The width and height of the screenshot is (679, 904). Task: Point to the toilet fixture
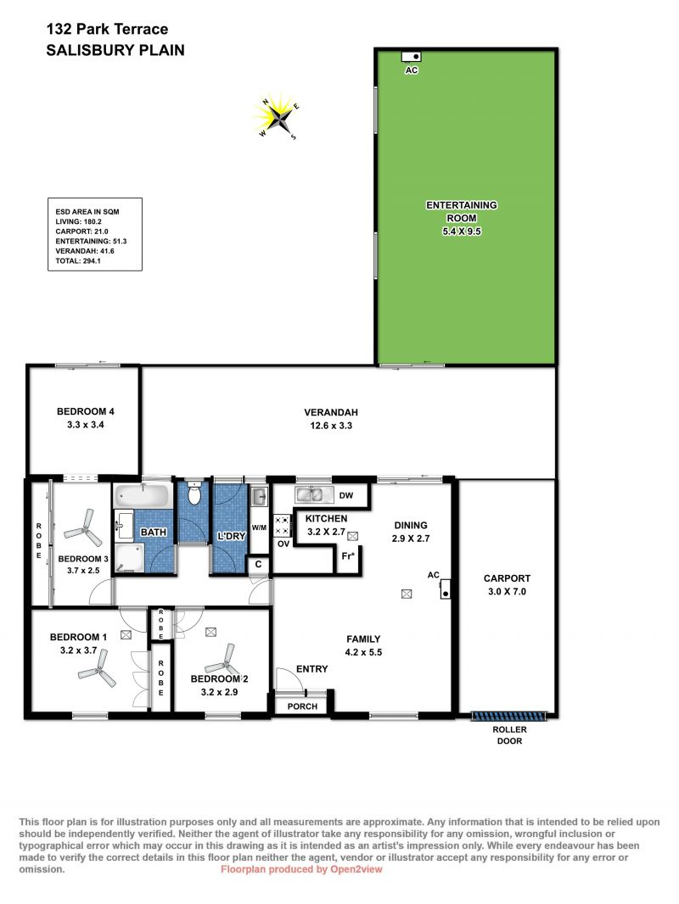point(194,494)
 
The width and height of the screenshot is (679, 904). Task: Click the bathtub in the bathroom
point(142,495)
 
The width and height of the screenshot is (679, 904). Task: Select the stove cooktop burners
point(282,525)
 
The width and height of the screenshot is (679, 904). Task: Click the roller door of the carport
point(508,716)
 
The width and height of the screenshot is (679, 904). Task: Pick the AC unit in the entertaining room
point(412,56)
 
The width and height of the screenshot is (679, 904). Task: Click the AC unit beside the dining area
point(445,589)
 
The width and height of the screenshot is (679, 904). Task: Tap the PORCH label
point(302,706)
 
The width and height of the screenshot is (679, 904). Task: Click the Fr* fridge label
point(348,556)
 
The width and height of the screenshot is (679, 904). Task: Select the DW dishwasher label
point(346,495)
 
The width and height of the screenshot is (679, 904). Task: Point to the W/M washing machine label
point(259,527)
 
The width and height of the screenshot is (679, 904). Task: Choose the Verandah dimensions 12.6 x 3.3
point(330,426)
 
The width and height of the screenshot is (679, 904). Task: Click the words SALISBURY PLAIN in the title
point(115,50)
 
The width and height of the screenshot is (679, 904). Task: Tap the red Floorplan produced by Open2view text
point(301,869)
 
